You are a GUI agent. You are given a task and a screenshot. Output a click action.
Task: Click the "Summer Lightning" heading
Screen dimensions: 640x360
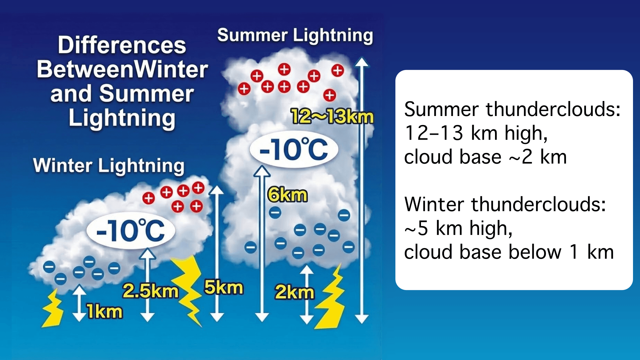point(295,36)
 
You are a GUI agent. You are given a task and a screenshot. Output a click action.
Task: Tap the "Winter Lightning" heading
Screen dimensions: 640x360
point(109,166)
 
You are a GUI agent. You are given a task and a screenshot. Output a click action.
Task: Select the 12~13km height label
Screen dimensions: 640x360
point(332,117)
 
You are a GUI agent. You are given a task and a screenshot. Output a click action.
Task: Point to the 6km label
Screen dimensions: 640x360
point(287,195)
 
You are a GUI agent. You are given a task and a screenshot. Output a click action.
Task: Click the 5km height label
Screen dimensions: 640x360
point(224,287)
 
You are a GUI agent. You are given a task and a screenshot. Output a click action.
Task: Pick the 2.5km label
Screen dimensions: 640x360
point(150,291)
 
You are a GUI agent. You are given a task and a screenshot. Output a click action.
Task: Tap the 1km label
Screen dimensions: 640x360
point(105,312)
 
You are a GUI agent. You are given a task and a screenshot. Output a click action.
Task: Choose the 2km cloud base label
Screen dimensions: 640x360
point(294,292)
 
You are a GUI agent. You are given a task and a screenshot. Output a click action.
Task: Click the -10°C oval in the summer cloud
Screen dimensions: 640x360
point(294,149)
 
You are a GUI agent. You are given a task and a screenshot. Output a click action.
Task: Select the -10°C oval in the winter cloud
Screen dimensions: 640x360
point(131,230)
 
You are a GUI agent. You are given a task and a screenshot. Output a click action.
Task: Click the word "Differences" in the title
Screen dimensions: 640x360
point(122,45)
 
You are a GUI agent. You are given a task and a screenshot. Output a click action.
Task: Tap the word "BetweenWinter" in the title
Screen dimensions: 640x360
point(122,69)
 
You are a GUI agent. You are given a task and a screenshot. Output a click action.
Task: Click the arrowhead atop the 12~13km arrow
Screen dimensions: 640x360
point(362,62)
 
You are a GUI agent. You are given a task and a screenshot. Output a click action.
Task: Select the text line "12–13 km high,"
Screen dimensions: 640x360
point(476,133)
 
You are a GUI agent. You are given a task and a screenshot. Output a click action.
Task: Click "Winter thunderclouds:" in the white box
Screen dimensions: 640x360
point(505,204)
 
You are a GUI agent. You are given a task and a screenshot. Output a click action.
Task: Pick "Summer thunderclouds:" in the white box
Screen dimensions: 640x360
point(512,109)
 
